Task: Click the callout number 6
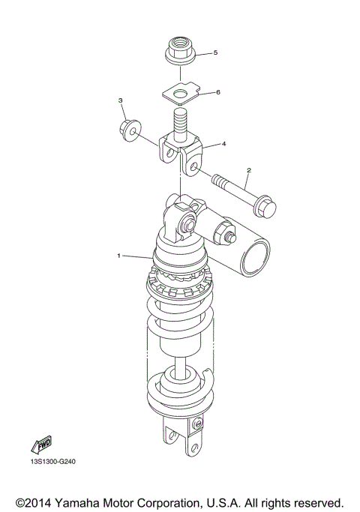[217, 92]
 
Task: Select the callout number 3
[120, 100]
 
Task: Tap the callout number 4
[223, 142]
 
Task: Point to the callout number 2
[248, 170]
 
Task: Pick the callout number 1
[118, 256]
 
